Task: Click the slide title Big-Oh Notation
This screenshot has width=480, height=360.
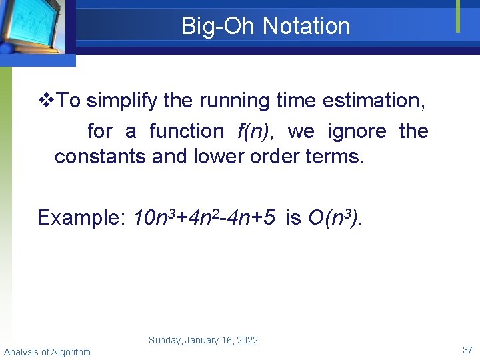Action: (x=265, y=26)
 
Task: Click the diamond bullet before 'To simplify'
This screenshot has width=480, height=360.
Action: (x=46, y=101)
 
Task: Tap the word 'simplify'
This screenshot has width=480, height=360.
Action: (x=123, y=101)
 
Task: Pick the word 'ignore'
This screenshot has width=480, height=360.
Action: (x=357, y=131)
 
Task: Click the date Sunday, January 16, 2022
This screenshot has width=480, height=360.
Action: (x=203, y=340)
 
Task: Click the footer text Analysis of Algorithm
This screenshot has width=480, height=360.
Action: (x=47, y=351)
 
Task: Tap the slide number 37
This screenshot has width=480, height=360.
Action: (x=467, y=350)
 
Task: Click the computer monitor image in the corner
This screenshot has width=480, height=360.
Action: (x=33, y=27)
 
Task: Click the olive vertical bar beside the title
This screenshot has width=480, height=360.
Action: (x=458, y=16)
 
